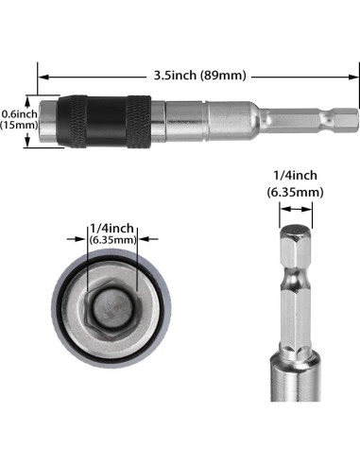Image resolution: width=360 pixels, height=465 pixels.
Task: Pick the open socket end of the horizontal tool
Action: [x=42, y=119]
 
